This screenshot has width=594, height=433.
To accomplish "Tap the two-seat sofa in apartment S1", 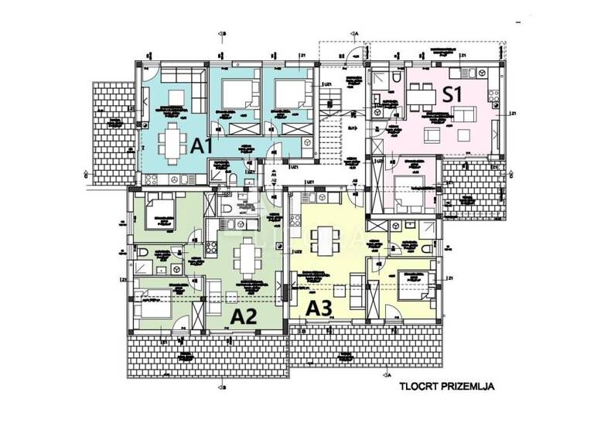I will click(464, 116).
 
